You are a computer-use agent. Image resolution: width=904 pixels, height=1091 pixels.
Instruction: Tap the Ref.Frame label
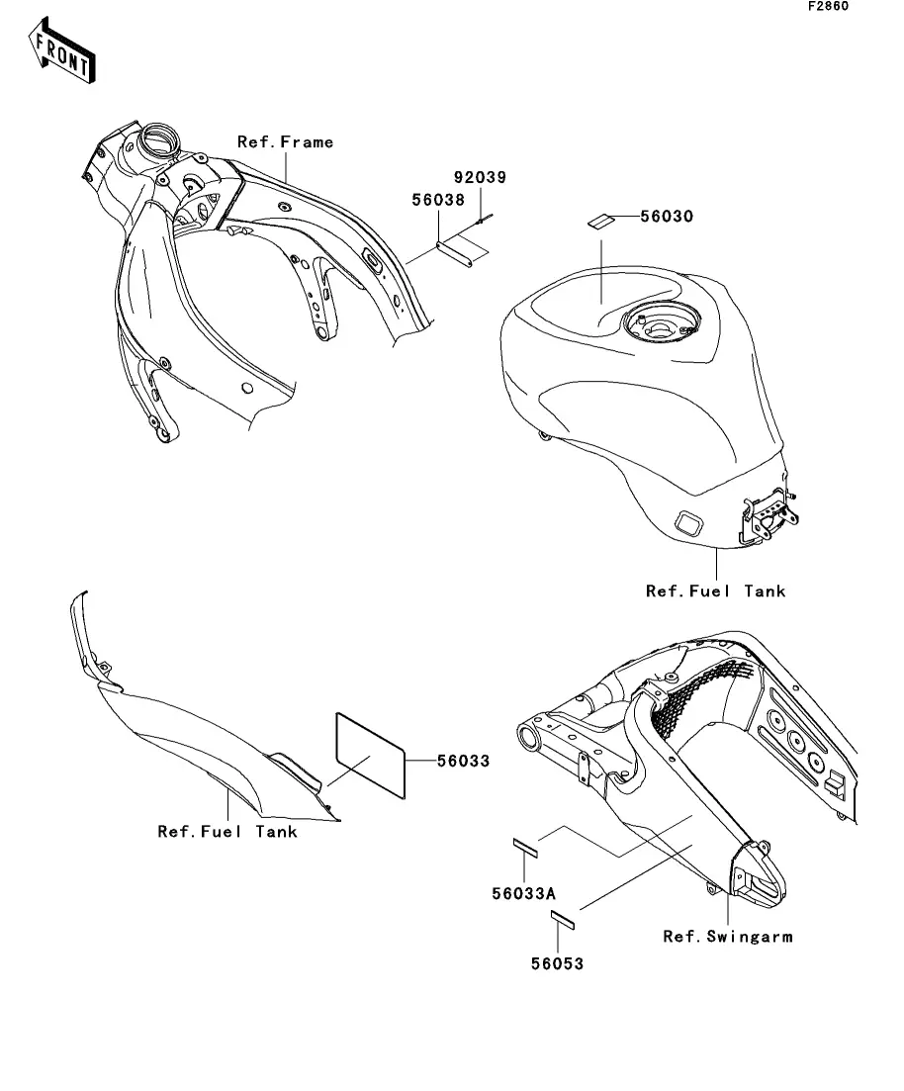pyautogui.click(x=286, y=142)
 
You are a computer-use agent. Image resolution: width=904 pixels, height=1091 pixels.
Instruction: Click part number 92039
pyautogui.click(x=480, y=178)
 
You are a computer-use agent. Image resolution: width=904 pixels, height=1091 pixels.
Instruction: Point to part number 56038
pyautogui.click(x=438, y=199)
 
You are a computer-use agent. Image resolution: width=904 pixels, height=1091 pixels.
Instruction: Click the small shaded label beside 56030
pyautogui.click(x=600, y=221)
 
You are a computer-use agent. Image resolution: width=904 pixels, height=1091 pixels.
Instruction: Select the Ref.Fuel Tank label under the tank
pyautogui.click(x=715, y=591)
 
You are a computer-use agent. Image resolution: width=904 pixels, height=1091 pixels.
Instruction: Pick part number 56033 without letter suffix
pyautogui.click(x=463, y=762)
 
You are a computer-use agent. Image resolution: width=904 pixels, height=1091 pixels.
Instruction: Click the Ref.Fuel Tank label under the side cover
pyautogui.click(x=227, y=832)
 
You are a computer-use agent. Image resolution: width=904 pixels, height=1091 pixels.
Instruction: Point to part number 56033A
pyautogui.click(x=523, y=893)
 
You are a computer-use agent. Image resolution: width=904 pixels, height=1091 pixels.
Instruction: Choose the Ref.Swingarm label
pyautogui.click(x=727, y=936)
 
